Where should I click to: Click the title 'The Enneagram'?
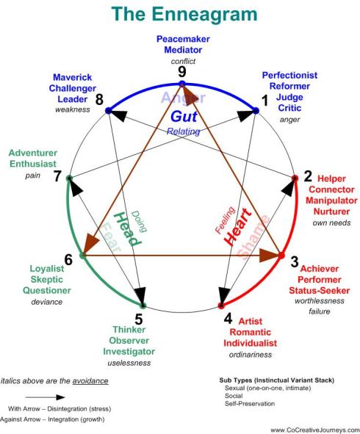tap(180, 15)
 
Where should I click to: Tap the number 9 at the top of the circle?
tap(181, 73)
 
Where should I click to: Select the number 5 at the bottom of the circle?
tap(138, 319)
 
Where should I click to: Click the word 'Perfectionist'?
tap(289, 75)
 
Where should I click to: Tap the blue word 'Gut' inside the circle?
tap(181, 116)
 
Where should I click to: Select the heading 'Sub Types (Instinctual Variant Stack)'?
tap(271, 380)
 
